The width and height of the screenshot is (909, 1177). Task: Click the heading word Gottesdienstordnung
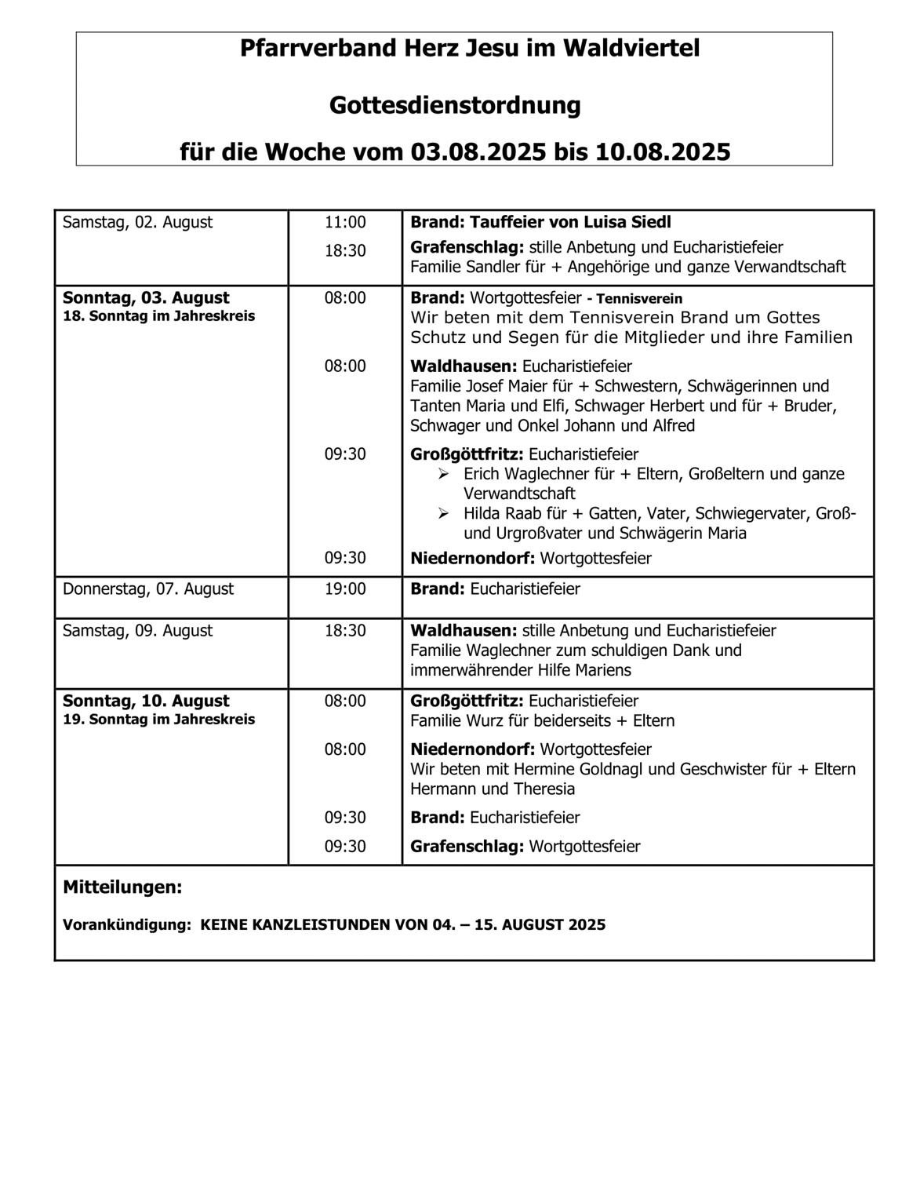(455, 105)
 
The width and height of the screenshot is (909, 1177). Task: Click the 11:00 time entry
(345, 222)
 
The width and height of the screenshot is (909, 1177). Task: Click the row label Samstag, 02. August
(137, 222)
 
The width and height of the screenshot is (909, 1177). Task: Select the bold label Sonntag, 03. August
(146, 297)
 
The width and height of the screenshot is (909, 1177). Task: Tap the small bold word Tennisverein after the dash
(639, 299)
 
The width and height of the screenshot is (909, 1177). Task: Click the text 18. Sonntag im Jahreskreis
(158, 317)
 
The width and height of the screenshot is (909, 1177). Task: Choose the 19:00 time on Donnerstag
(345, 588)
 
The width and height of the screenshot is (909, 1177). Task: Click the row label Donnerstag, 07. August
(147, 588)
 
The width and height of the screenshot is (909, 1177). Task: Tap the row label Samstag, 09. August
(137, 630)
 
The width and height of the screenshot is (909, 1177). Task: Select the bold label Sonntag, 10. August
(146, 701)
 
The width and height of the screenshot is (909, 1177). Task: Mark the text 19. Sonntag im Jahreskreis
(158, 720)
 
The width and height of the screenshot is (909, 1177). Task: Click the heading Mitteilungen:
(122, 887)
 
